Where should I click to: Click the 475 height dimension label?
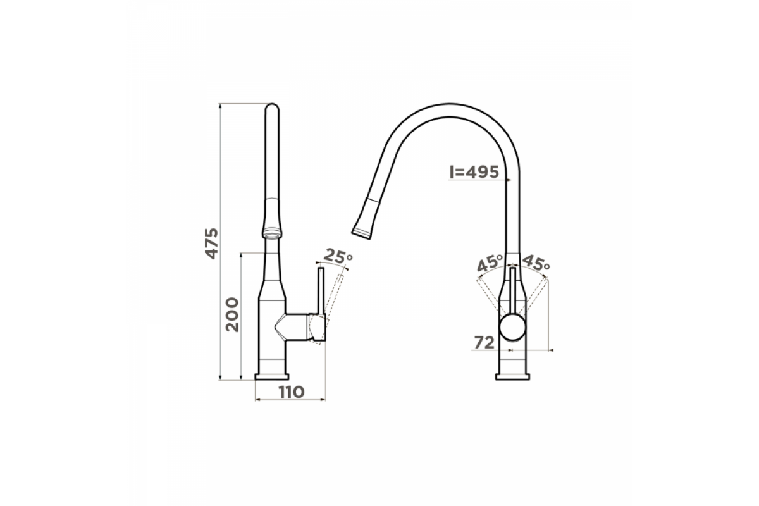point(213,244)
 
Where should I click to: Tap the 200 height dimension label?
point(233,314)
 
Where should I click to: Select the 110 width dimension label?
point(292,392)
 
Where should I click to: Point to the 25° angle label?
point(338,257)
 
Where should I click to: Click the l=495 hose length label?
point(474,172)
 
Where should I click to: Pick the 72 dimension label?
point(484,343)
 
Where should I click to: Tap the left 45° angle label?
point(490,263)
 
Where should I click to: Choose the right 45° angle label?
point(536,263)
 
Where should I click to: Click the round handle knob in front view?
point(513,327)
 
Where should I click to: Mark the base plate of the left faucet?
point(272,377)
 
